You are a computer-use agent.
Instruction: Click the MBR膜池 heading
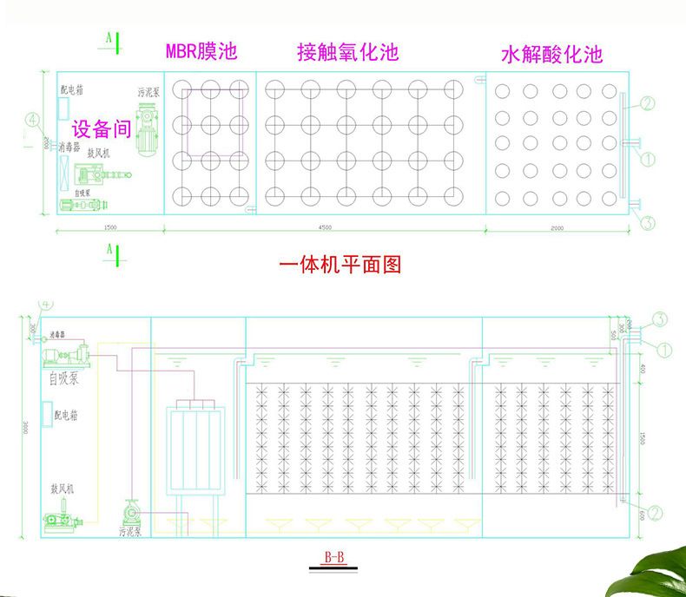pos(201,51)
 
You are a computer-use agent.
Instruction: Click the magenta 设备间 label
pos(101,130)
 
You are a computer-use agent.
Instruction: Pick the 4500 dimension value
pos(323,227)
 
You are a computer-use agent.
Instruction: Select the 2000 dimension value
pos(557,227)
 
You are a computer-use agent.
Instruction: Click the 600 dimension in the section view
pos(642,515)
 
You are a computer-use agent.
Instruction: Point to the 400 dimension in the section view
pos(642,369)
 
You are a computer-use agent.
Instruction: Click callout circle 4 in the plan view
pos(32,119)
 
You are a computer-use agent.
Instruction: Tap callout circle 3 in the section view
pos(659,319)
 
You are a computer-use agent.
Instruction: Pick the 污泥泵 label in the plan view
pos(148,92)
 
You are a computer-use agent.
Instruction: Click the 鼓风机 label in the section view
pos(62,489)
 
